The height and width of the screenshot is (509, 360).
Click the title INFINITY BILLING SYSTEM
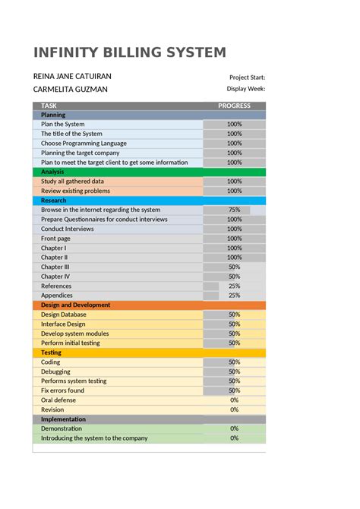click(x=130, y=52)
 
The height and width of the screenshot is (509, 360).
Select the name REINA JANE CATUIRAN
click(x=71, y=77)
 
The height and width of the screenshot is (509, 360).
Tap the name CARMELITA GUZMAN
click(x=71, y=90)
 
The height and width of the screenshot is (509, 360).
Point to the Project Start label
click(x=247, y=77)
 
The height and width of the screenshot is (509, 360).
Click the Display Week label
click(x=246, y=90)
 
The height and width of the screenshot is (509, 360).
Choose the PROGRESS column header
click(x=234, y=106)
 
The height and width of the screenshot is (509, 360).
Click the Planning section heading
click(x=53, y=115)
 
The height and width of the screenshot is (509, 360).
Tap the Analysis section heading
click(x=52, y=172)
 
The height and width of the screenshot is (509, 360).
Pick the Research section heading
click(x=54, y=201)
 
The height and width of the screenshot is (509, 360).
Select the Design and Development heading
click(x=75, y=305)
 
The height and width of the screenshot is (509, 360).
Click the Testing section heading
click(x=51, y=353)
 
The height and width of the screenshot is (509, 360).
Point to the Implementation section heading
click(x=63, y=419)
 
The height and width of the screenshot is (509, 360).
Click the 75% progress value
click(x=234, y=210)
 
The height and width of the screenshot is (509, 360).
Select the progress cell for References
click(x=234, y=286)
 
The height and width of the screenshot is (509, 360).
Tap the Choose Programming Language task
click(x=84, y=144)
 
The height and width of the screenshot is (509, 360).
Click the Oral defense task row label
click(x=58, y=400)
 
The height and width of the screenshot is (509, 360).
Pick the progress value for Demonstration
click(x=234, y=428)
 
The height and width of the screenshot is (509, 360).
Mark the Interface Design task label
click(x=63, y=324)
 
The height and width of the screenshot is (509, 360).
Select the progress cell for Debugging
click(x=234, y=371)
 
